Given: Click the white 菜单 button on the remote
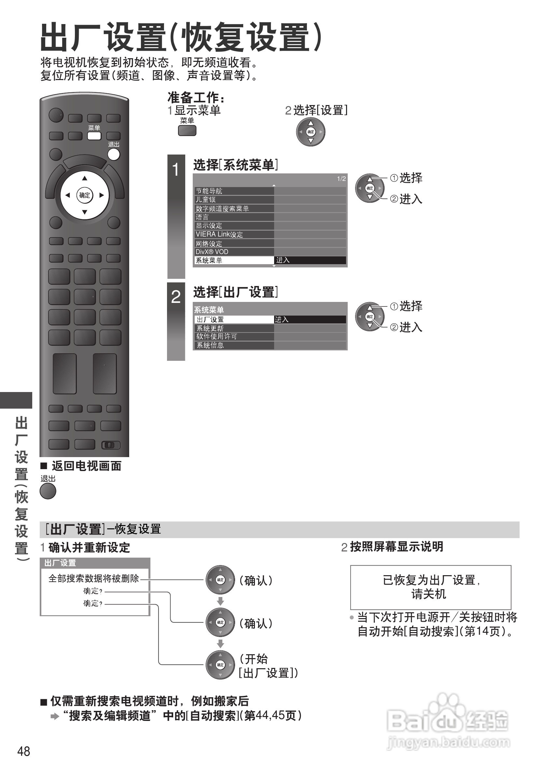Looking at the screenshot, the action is (94, 136).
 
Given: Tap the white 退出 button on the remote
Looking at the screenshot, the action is (114, 154).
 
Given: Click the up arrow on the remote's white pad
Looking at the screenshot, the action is (85, 178).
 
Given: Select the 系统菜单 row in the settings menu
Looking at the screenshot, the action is (234, 260).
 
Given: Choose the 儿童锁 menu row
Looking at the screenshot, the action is (234, 200).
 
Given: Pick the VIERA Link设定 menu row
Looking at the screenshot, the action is (234, 234).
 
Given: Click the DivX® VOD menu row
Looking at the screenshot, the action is (234, 252).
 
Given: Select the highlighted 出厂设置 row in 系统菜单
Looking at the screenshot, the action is (234, 319).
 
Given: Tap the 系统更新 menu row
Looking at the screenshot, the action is (234, 328).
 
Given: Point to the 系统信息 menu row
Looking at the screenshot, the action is (234, 346).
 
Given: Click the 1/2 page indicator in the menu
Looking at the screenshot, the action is (341, 179).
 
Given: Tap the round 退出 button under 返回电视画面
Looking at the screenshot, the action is (48, 491).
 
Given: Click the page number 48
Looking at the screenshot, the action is (23, 752).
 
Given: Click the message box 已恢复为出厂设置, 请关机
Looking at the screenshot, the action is (430, 587).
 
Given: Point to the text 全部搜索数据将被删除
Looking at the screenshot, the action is (94, 578).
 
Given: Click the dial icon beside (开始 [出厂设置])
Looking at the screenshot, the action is (220, 665).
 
